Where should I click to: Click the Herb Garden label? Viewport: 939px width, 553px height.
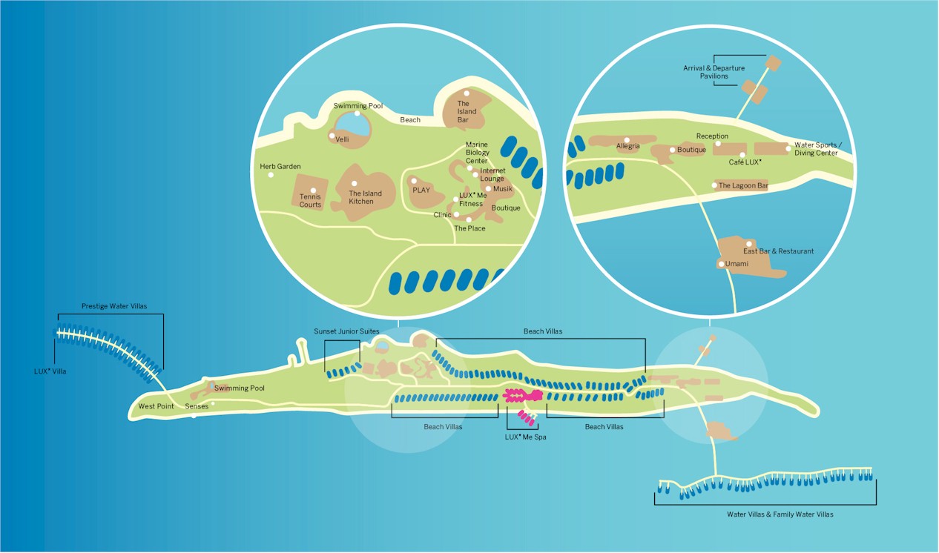click(x=280, y=166)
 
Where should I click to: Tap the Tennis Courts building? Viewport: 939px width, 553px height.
click(x=310, y=192)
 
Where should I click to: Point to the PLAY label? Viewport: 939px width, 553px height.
click(x=421, y=190)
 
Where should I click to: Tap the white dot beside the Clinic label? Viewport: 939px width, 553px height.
click(x=456, y=214)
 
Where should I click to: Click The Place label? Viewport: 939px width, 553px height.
click(x=470, y=228)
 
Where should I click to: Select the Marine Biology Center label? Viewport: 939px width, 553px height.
click(x=477, y=153)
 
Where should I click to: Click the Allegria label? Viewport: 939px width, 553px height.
click(x=628, y=146)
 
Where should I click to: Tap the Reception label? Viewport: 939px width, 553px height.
click(x=712, y=136)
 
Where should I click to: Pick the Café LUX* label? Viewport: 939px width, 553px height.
click(x=745, y=162)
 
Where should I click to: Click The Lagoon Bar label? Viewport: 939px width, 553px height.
click(x=743, y=185)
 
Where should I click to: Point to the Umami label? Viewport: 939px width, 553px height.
click(x=737, y=264)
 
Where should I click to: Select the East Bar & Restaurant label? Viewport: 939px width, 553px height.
click(x=779, y=251)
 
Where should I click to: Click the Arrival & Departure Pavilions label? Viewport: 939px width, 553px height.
click(x=714, y=72)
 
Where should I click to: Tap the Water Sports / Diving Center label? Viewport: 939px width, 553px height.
click(x=818, y=149)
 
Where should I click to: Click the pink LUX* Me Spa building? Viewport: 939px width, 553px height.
click(x=523, y=395)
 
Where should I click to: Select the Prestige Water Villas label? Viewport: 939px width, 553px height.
click(x=114, y=306)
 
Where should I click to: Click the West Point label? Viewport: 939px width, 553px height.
click(x=156, y=406)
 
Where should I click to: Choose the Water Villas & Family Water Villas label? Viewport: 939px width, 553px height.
click(x=780, y=514)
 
